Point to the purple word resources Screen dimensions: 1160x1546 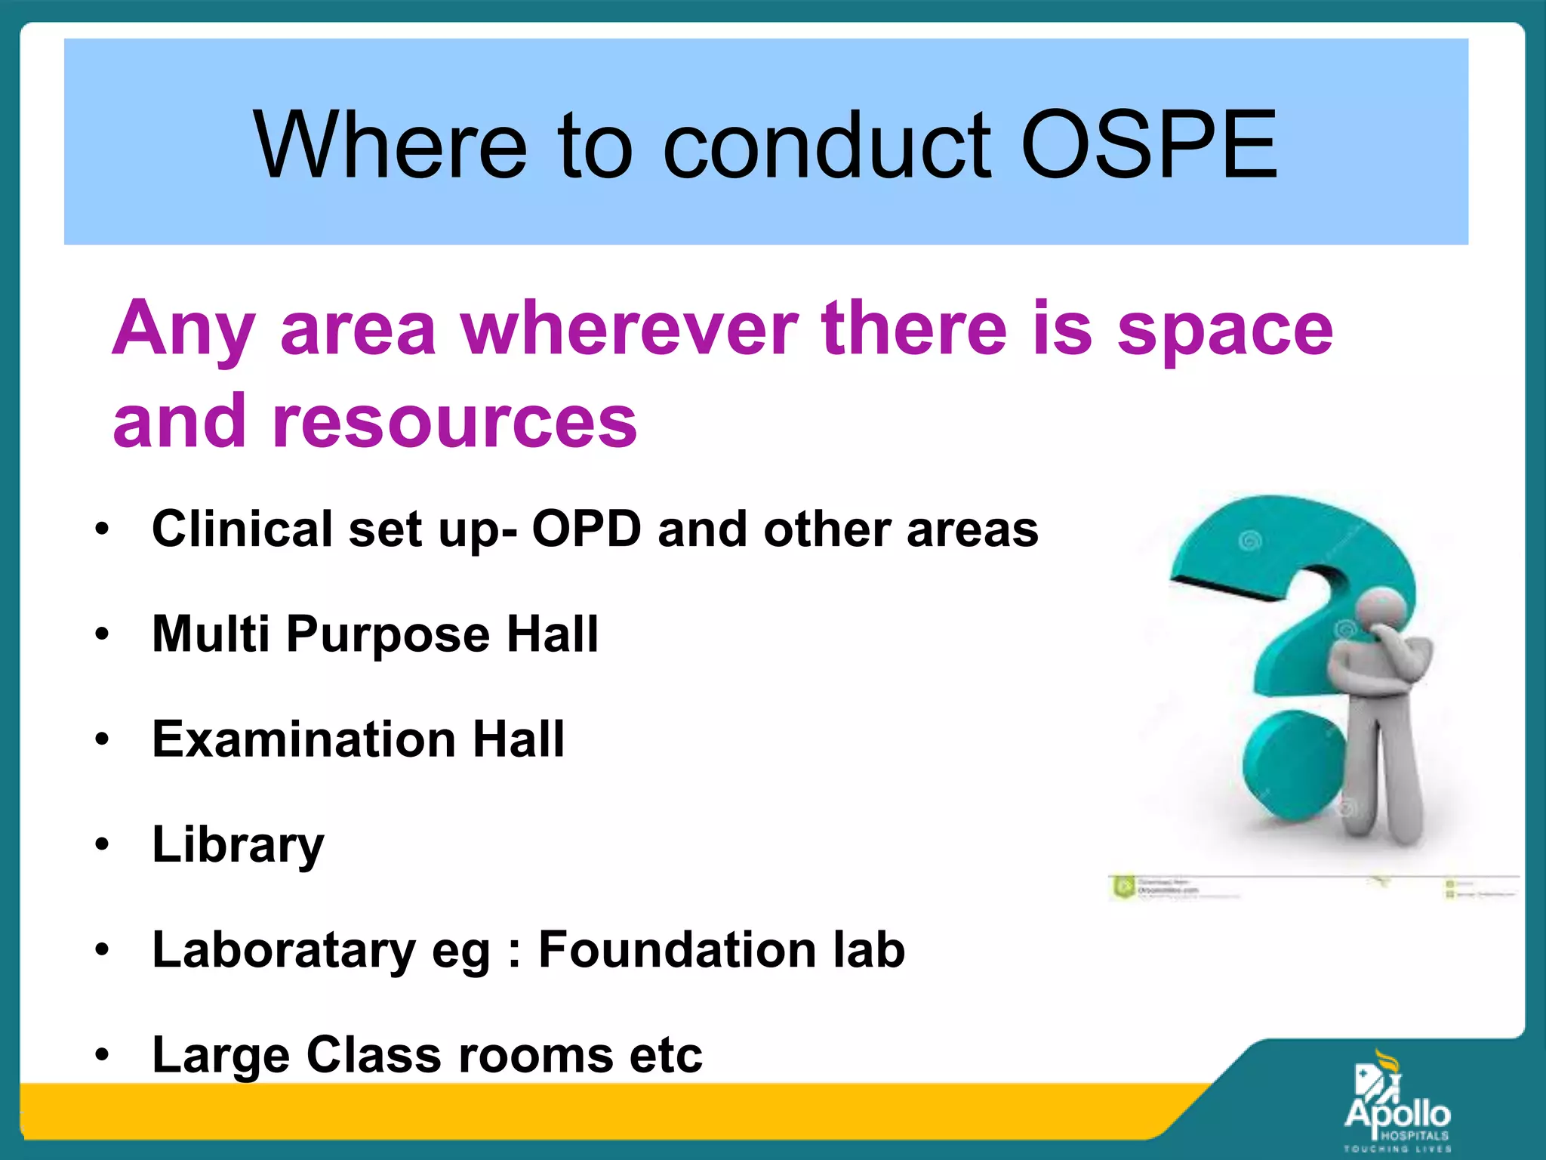pos(454,421)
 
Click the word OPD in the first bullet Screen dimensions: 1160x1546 pos(587,529)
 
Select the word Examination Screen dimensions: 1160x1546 pos(303,739)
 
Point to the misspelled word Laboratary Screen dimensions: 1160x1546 pos(283,951)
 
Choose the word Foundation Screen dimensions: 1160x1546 pos(677,949)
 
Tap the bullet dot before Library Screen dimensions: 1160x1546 pos(103,844)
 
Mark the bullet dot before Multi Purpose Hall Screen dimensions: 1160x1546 pos(103,634)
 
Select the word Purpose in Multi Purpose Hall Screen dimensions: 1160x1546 pos(388,635)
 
